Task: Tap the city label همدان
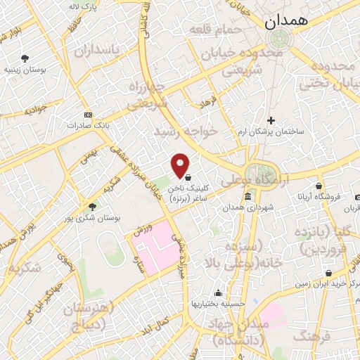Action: pyautogui.click(x=287, y=21)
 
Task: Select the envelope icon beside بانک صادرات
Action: pyautogui.click(x=87, y=115)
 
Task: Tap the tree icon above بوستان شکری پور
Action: pyautogui.click(x=92, y=206)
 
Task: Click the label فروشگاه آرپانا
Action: pyautogui.click(x=320, y=198)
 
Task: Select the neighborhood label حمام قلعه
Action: pyautogui.click(x=215, y=30)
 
